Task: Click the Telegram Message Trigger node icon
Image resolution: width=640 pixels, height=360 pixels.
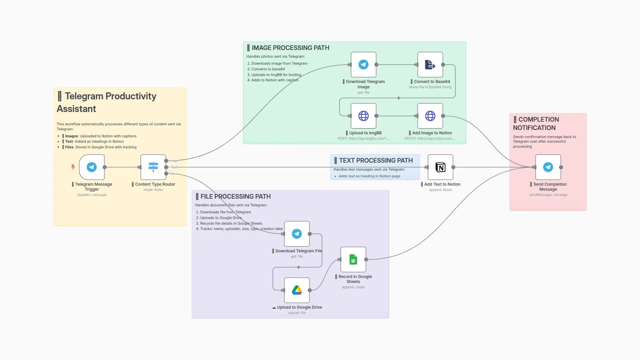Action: pos(92,167)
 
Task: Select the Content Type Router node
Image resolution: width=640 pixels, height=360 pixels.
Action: pos(153,167)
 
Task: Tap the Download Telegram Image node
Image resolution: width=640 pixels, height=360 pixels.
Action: pos(363,65)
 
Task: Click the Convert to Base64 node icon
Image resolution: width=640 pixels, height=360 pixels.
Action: pos(430,65)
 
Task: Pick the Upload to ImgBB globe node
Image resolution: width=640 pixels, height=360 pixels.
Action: pos(363,116)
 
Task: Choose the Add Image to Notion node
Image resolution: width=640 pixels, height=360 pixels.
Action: pos(430,116)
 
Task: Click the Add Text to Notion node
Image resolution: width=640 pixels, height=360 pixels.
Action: pos(440,167)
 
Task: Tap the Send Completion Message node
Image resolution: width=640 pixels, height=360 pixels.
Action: pos(548,167)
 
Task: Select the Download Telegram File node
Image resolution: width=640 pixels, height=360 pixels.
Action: pos(297,234)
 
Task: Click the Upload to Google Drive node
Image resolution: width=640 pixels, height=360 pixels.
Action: pos(297,290)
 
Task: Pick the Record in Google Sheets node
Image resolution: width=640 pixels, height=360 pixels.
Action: pos(353,259)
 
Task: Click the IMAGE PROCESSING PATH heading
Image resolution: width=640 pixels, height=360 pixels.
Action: pos(290,48)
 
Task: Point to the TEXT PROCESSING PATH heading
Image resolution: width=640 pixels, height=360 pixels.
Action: pos(376,161)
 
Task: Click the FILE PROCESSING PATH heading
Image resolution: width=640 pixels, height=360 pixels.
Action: pos(235,197)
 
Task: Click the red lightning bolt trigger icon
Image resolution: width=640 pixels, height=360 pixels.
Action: pos(73,167)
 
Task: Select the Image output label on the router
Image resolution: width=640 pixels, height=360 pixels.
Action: pos(174,161)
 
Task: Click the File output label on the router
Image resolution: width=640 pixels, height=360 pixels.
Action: pos(172,174)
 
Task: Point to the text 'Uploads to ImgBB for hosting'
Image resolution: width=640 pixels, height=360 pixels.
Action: pos(276,75)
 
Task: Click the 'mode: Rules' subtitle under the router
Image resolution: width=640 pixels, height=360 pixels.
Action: pos(153,190)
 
